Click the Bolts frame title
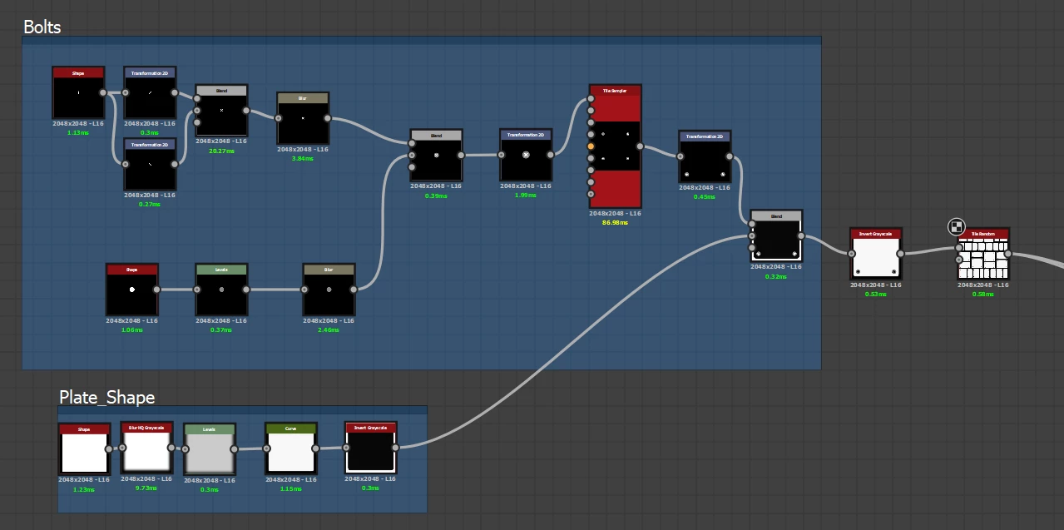click(42, 27)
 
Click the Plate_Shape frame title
click(106, 398)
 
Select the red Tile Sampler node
click(616, 146)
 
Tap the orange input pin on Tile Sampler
click(591, 146)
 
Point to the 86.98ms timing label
click(615, 222)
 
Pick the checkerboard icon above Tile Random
click(956, 226)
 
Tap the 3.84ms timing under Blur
click(303, 158)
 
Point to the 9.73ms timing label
click(146, 488)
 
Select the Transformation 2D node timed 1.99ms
click(526, 155)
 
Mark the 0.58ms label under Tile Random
click(983, 294)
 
